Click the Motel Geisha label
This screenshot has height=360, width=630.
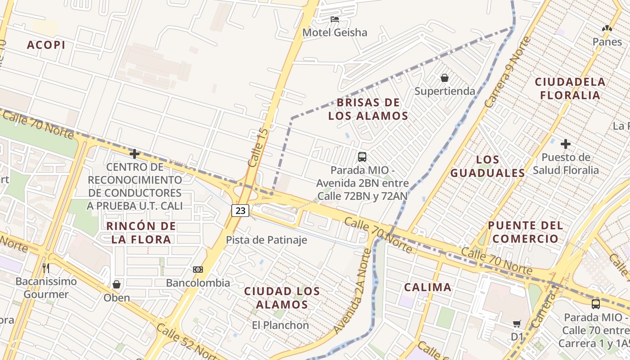tap(334, 32)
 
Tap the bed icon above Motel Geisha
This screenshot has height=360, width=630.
tap(334, 19)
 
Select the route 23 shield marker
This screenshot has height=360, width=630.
tap(240, 210)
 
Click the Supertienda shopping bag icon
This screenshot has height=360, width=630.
tap(445, 78)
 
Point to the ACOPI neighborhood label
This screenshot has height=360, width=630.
tap(46, 45)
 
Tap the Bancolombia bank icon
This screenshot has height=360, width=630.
tap(198, 270)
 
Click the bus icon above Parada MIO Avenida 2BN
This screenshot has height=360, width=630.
tap(362, 157)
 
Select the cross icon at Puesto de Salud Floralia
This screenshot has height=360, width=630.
tap(566, 144)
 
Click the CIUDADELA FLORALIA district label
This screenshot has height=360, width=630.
tap(570, 89)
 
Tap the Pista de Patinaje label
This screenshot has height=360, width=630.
tap(266, 240)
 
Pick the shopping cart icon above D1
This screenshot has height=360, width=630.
tap(517, 324)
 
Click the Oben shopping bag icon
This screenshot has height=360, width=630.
tap(117, 284)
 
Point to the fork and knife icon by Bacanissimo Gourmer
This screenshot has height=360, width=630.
tap(45, 268)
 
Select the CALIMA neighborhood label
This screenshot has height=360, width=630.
tap(427, 287)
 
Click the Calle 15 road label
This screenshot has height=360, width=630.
tap(258, 148)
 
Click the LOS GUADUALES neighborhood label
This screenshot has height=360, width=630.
tap(488, 166)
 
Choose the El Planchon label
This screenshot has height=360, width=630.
tap(280, 325)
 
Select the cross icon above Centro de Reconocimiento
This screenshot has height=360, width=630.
tap(134, 154)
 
